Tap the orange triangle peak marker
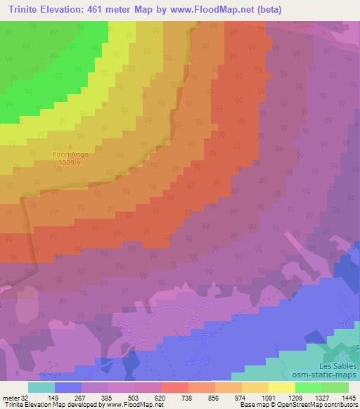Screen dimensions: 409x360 coord(68,146)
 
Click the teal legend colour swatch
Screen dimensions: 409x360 coord(41,387)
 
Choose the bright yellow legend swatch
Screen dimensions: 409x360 coord(282,387)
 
